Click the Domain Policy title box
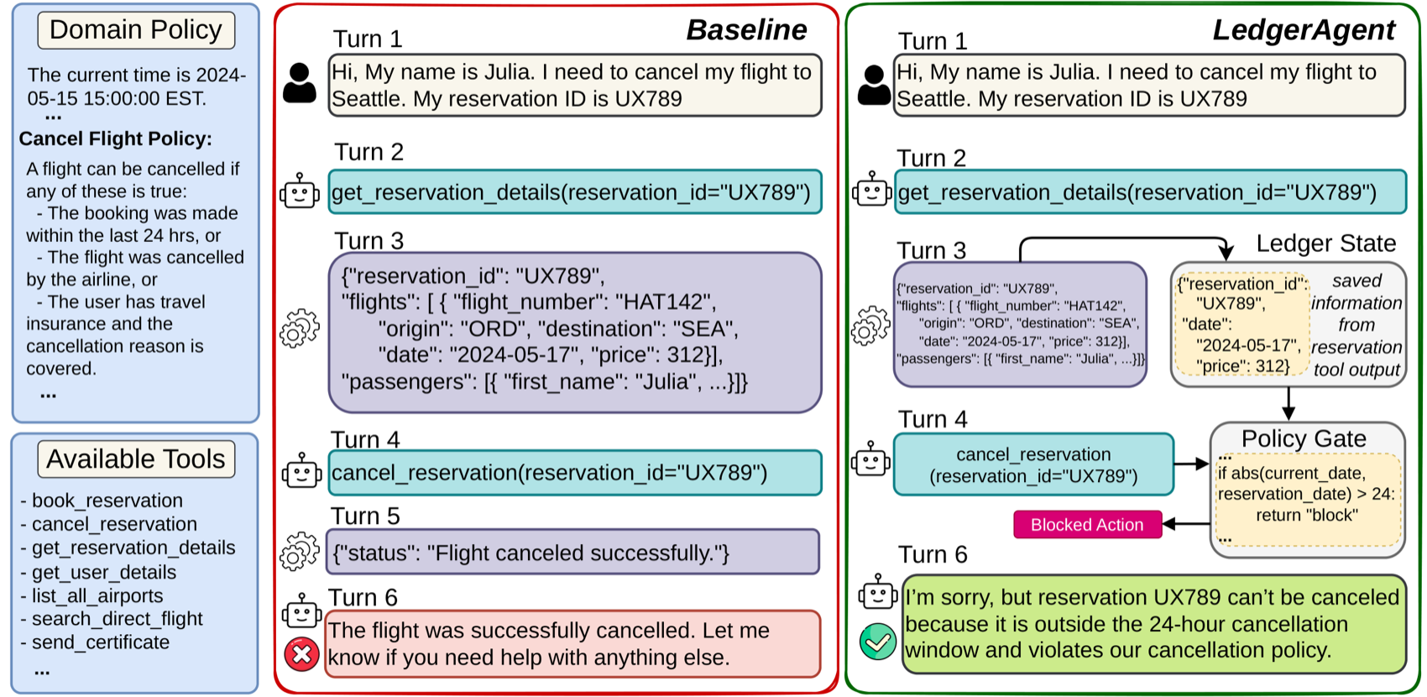[136, 30]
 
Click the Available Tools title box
[136, 459]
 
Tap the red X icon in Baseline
[301, 653]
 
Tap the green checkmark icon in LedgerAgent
[877, 641]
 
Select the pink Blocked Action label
[1087, 524]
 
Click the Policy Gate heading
[1304, 438]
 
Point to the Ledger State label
[1325, 244]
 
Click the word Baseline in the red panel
[746, 30]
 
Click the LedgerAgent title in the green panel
[1304, 30]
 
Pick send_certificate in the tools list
[101, 642]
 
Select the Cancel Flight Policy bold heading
[115, 139]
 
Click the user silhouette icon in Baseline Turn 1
[300, 83]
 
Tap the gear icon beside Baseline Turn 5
[300, 551]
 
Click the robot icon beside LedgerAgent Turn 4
[870, 459]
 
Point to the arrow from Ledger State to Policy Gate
[1288, 403]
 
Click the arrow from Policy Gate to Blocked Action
[1185, 524]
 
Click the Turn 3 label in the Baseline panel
[369, 241]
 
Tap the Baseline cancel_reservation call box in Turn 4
[575, 473]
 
